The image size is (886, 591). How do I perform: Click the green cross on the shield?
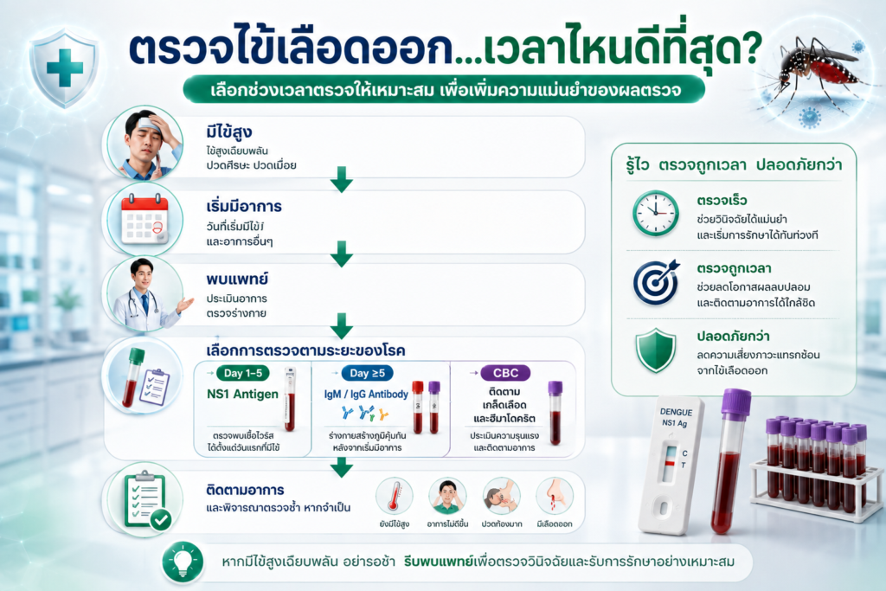click(x=64, y=67)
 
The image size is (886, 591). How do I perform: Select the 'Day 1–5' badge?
click(x=243, y=373)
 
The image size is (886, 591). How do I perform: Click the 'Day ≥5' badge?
click(x=367, y=373)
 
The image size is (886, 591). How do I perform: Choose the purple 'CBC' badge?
click(x=505, y=373)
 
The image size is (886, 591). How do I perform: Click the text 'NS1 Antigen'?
click(x=242, y=394)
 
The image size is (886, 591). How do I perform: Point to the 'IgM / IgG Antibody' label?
click(x=366, y=394)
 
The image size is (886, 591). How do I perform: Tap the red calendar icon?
click(x=144, y=219)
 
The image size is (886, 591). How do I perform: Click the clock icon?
click(x=656, y=213)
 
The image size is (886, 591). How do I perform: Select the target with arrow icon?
click(x=656, y=282)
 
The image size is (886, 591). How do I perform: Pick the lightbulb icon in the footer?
click(x=183, y=562)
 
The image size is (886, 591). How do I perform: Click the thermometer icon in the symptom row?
click(x=395, y=497)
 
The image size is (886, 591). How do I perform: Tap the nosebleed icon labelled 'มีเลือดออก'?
click(x=555, y=497)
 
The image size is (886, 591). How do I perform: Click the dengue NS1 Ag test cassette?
click(x=671, y=465)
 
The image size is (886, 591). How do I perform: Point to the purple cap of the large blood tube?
click(x=736, y=403)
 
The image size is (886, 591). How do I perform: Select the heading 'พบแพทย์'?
click(x=237, y=279)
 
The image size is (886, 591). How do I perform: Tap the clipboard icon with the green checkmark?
click(x=147, y=500)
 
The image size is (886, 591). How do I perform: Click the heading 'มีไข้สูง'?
click(x=228, y=132)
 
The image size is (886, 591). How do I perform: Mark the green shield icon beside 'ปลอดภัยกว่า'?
click(x=656, y=350)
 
